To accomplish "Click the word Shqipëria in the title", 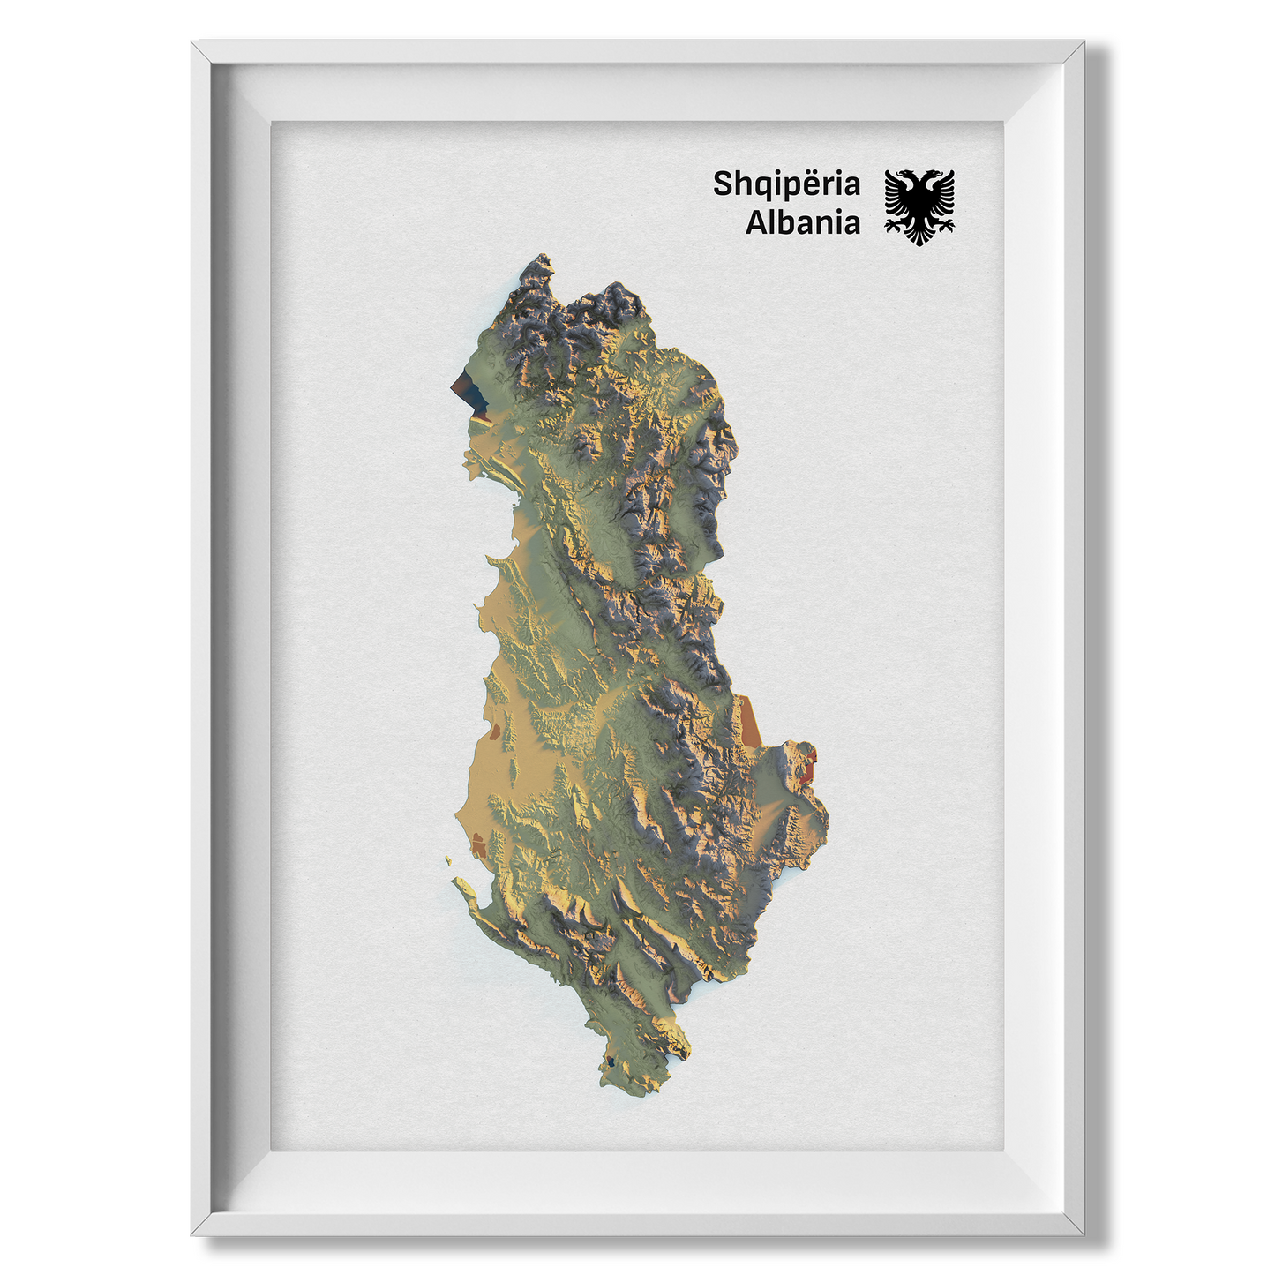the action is click(x=786, y=184).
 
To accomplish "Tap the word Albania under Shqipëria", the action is click(x=802, y=222).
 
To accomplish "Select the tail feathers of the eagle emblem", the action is click(x=919, y=236).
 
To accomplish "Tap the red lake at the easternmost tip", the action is click(x=809, y=764).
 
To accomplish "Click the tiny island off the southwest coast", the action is click(x=447, y=860).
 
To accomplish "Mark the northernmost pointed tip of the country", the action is click(x=541, y=258).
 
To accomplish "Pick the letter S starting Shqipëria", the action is click(x=723, y=184).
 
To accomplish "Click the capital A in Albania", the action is click(x=756, y=222).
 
